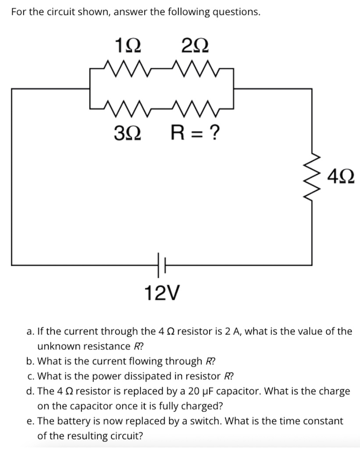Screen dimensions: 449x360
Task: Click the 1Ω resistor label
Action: (x=128, y=45)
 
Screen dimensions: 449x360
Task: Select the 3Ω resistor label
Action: (x=128, y=132)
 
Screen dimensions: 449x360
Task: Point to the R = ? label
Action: (x=194, y=132)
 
